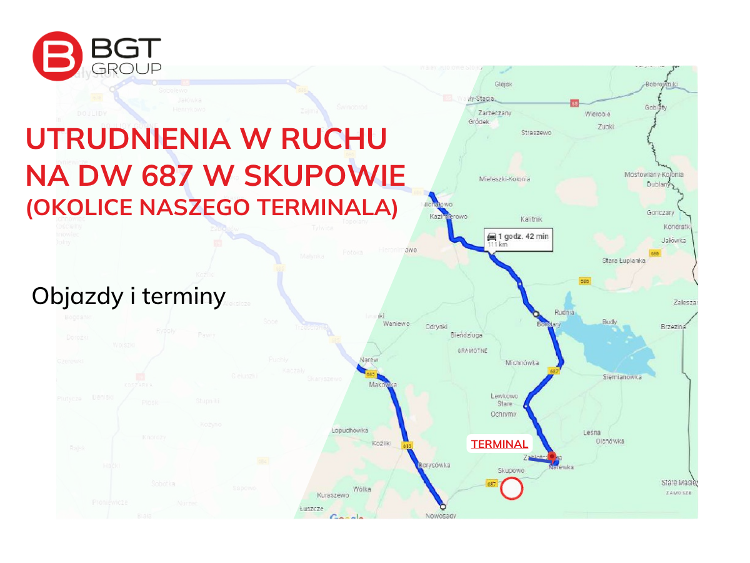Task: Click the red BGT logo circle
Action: pos(57,56)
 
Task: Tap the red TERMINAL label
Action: pos(499,444)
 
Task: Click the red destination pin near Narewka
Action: pos(551,457)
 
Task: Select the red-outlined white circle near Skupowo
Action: pos(511,489)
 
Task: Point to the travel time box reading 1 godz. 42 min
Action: pos(518,239)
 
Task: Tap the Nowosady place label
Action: pos(441,515)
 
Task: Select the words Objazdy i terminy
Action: pos(128,296)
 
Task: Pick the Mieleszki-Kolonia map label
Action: pos(504,179)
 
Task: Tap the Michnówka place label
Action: pos(522,363)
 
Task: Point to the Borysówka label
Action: pos(433,465)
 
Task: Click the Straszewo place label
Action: pos(536,133)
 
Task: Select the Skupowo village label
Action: pos(511,470)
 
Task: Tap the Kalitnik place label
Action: pos(531,219)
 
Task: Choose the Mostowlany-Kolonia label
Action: pos(652,175)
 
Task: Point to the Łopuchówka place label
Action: pos(350,430)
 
